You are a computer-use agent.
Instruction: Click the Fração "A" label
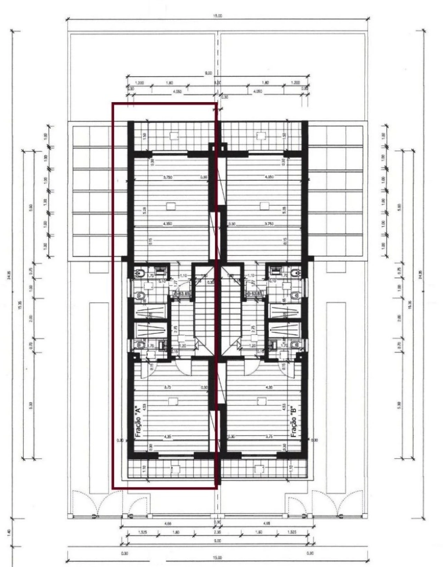tap(138, 421)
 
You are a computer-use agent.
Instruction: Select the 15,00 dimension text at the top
tap(218, 16)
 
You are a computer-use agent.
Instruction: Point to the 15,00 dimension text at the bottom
tap(217, 558)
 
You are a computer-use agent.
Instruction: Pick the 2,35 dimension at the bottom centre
tap(217, 532)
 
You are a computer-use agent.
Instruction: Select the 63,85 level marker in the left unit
tap(181, 294)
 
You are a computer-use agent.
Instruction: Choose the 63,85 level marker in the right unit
tap(254, 294)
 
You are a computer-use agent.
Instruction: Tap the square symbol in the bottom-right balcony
tap(259, 469)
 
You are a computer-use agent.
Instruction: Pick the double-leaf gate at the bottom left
tap(85, 504)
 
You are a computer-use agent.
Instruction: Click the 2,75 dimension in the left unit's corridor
tap(175, 328)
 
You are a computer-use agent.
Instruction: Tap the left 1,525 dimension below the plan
tap(142, 532)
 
